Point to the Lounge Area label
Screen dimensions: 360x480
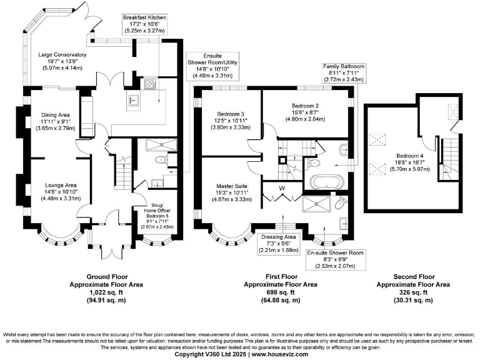click(x=60, y=185)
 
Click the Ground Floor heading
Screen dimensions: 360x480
click(x=106, y=276)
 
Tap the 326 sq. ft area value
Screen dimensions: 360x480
click(x=414, y=292)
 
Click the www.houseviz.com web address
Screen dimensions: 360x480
click(x=281, y=354)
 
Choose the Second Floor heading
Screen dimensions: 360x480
click(x=414, y=276)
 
